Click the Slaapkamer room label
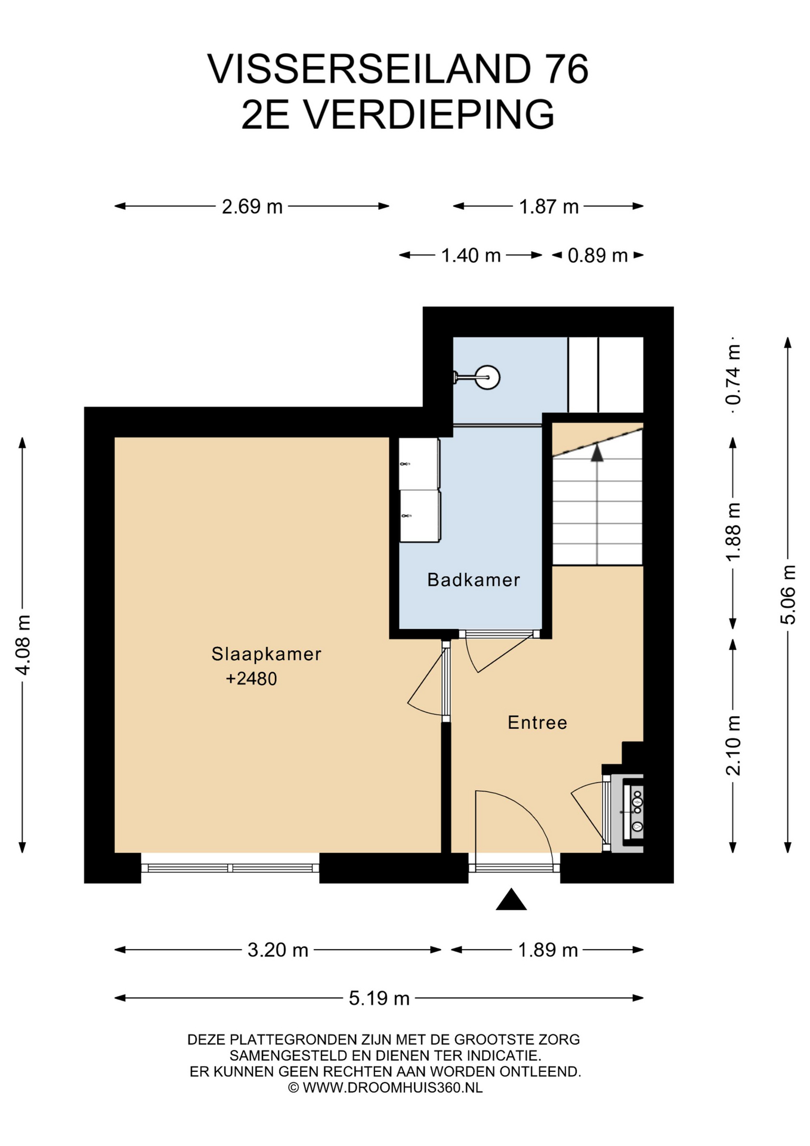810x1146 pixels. [266, 654]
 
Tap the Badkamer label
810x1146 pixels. [474, 580]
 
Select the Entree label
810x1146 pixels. [537, 723]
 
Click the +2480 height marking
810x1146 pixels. [251, 679]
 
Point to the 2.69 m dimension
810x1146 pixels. [252, 207]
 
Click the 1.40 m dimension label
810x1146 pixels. [471, 255]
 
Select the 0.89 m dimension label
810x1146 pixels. [598, 255]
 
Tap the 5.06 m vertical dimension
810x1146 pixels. [788, 594]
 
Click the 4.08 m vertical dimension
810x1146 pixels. [23, 645]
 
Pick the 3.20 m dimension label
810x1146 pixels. [278, 950]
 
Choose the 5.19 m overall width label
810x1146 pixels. [379, 998]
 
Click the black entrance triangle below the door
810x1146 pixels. [511, 899]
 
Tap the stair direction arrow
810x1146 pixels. [597, 453]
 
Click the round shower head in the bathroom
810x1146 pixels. [488, 377]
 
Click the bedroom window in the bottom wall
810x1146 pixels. [230, 868]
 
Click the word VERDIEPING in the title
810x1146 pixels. [429, 115]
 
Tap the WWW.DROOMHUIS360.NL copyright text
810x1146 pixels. [392, 1088]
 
